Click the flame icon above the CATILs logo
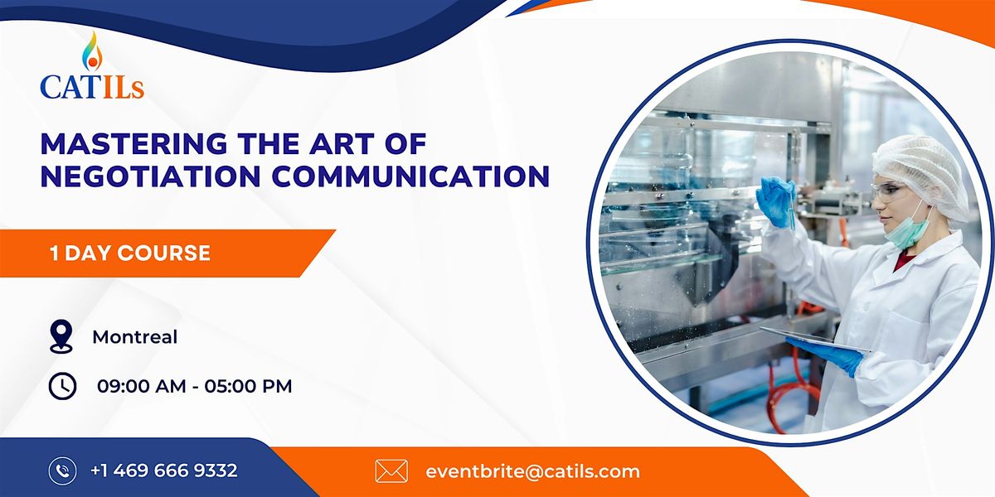[x=92, y=51]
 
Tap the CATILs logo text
[x=91, y=86]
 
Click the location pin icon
[x=62, y=337]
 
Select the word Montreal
[x=134, y=337]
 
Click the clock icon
[x=62, y=385]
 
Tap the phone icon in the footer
[x=62, y=470]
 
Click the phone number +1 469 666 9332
[x=164, y=470]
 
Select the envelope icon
[x=391, y=471]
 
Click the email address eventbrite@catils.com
[x=532, y=471]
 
